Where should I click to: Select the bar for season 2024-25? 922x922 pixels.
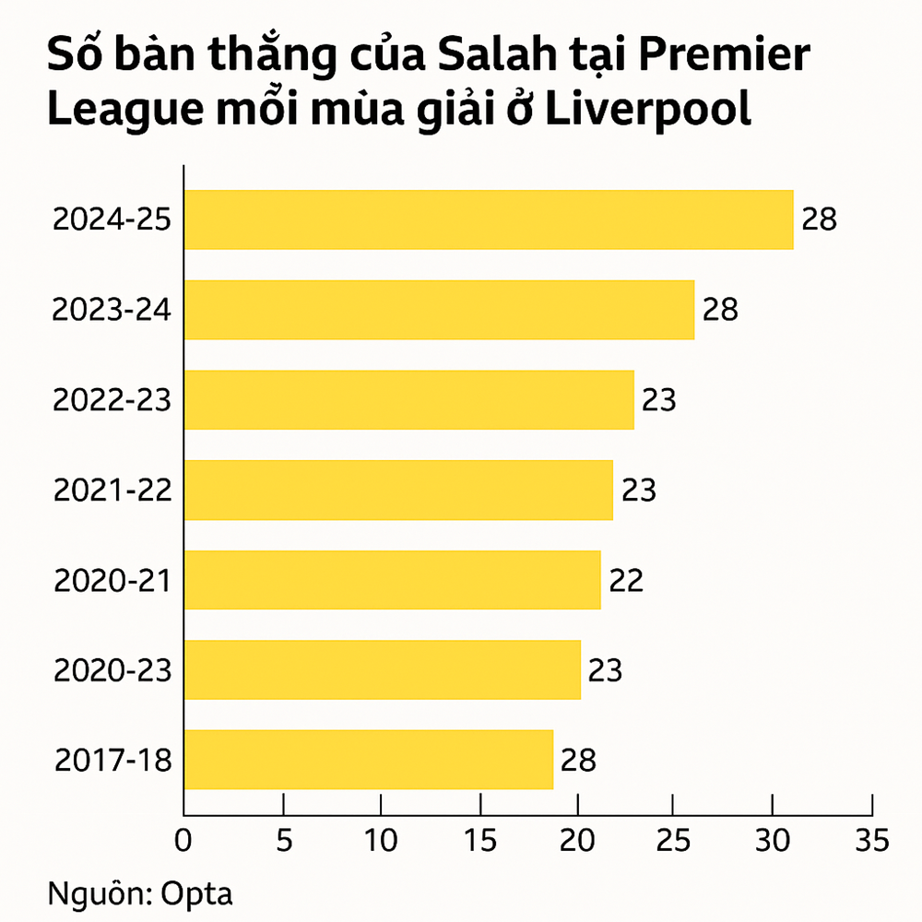coord(489,219)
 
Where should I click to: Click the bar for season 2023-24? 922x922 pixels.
coord(439,310)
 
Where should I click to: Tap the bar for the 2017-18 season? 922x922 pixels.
coord(369,760)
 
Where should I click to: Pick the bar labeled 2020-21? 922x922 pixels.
coord(392,580)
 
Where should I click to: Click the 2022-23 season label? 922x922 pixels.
coord(112,400)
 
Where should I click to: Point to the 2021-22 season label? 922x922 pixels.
coord(112,491)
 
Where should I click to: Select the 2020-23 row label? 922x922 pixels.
coord(112,670)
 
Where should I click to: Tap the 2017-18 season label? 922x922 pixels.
coord(112,760)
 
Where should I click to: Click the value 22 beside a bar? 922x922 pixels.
coord(625,580)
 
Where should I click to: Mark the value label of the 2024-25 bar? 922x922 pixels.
coord(819,219)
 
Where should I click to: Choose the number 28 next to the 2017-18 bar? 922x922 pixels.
coord(578,760)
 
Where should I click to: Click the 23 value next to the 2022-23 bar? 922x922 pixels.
coord(658,400)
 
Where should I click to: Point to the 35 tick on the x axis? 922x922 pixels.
coord(871,840)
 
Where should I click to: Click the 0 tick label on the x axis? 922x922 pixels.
coord(184,840)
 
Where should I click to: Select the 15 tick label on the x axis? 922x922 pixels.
coord(479,840)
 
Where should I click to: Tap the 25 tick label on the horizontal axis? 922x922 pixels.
coord(676,840)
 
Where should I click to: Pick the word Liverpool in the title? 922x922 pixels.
coord(649,110)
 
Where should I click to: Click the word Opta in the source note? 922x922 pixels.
coord(196,894)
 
